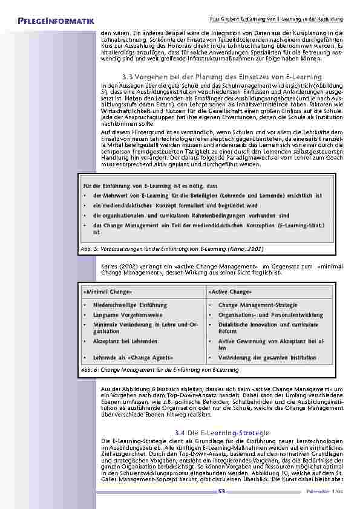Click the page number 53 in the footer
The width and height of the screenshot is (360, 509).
(x=221, y=491)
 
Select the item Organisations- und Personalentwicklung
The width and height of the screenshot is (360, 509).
(x=270, y=315)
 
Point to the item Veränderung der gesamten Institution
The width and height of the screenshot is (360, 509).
(x=267, y=357)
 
